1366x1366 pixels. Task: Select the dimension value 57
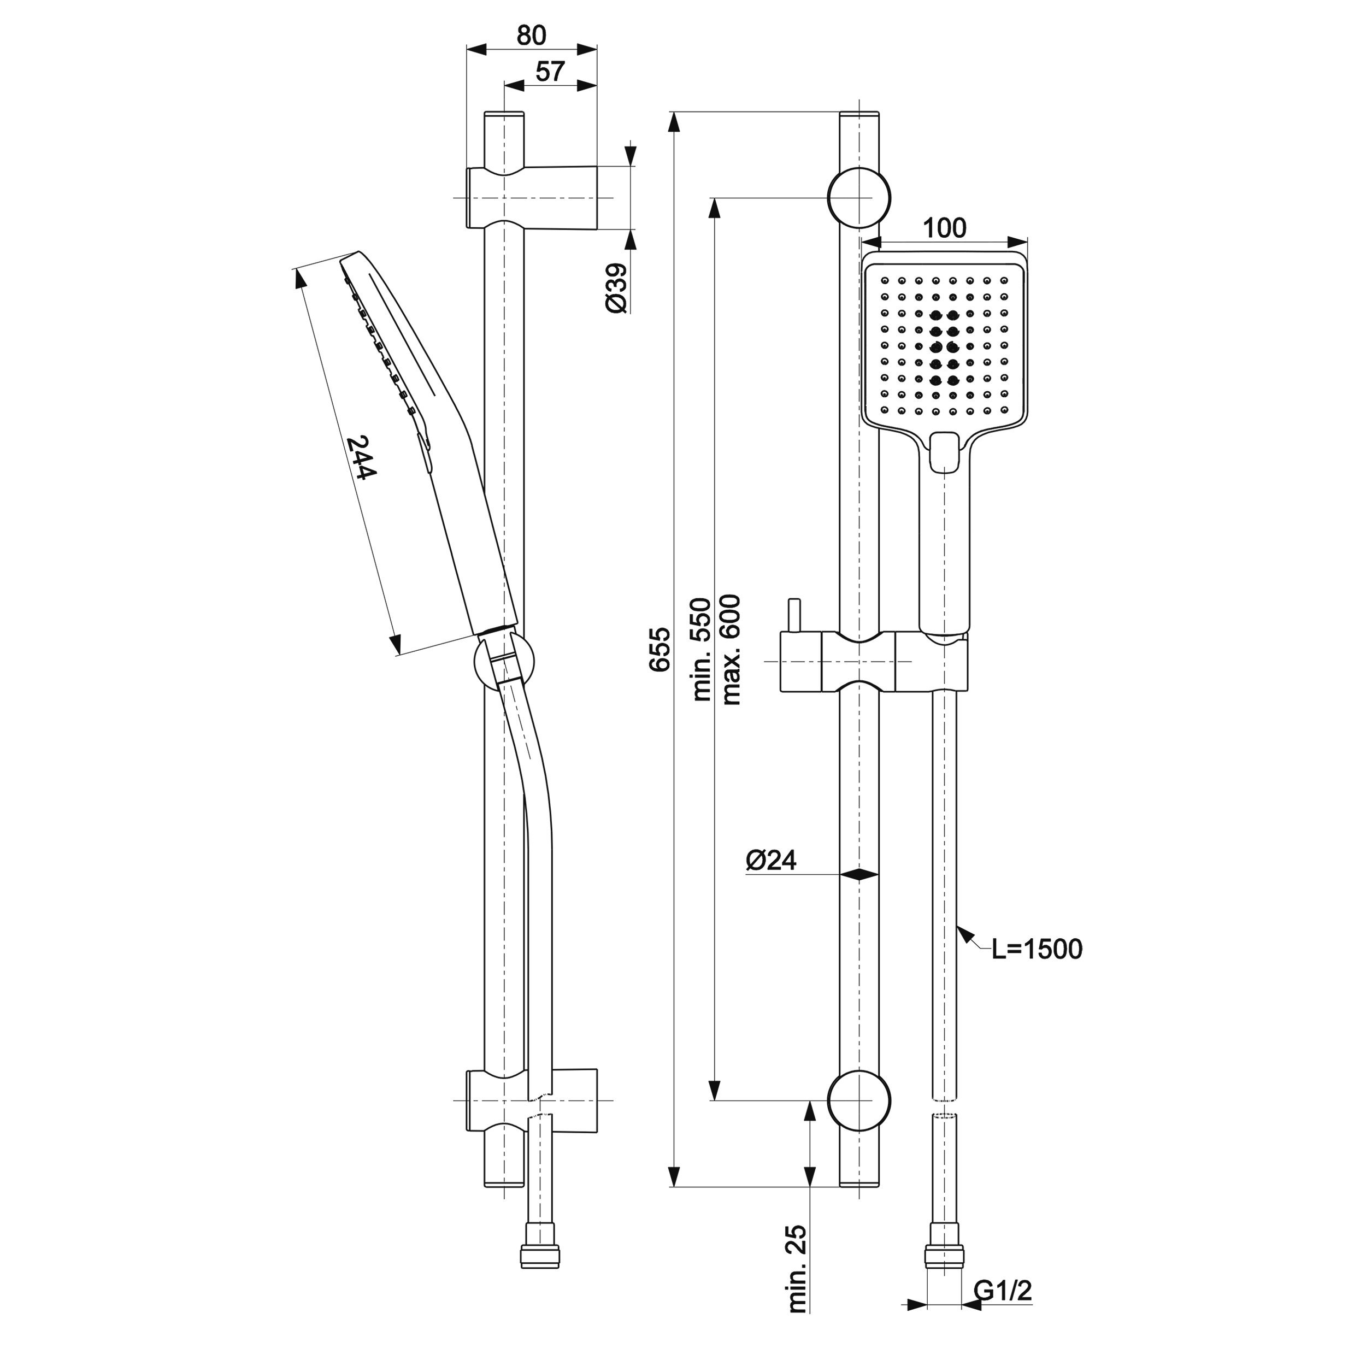(550, 72)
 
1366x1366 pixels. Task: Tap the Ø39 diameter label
(616, 288)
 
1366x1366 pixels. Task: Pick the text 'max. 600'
(729, 649)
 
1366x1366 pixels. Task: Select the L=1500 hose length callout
(1037, 950)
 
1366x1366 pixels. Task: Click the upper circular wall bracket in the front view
(859, 197)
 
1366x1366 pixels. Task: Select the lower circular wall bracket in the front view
(859, 1101)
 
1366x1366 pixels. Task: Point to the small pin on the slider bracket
(794, 615)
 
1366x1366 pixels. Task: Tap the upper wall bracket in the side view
(532, 197)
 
